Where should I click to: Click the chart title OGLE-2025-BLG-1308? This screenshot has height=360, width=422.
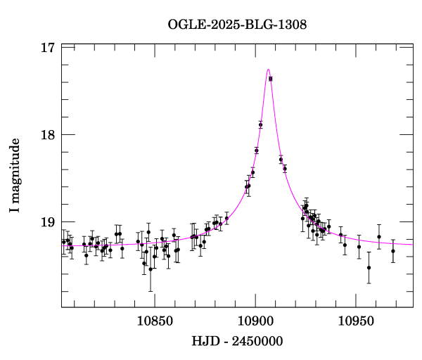237,25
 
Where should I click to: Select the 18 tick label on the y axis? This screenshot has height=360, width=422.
48,135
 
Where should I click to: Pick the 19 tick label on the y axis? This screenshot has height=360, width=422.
48,222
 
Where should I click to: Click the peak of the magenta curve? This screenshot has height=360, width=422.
268,70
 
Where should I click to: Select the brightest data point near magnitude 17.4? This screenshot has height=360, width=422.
271,79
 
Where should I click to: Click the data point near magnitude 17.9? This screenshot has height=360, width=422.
260,124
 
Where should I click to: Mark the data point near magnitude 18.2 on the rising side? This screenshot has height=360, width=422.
257,150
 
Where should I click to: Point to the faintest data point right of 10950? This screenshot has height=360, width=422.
369,267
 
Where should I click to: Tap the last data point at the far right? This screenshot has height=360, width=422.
393,251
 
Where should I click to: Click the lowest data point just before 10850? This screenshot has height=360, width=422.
151,269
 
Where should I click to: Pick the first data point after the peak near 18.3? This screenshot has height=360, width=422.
281,160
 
